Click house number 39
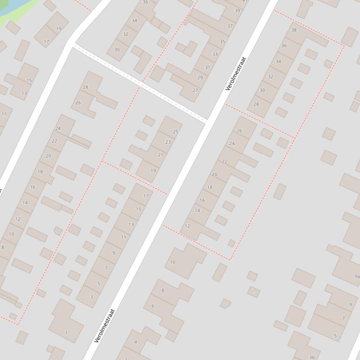point(237,11)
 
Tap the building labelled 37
point(230,26)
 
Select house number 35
point(222,42)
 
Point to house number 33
point(215,54)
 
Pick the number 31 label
point(207,67)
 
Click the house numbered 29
point(200,78)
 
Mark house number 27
point(195,91)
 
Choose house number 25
point(176,132)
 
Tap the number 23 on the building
point(168,142)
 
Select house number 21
point(161,155)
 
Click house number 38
point(294,30)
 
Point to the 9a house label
point(357,276)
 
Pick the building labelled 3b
point(312,358)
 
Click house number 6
point(153,306)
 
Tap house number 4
point(136,342)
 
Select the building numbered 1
point(66,333)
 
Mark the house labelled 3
point(91,296)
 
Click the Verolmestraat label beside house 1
point(104,326)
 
